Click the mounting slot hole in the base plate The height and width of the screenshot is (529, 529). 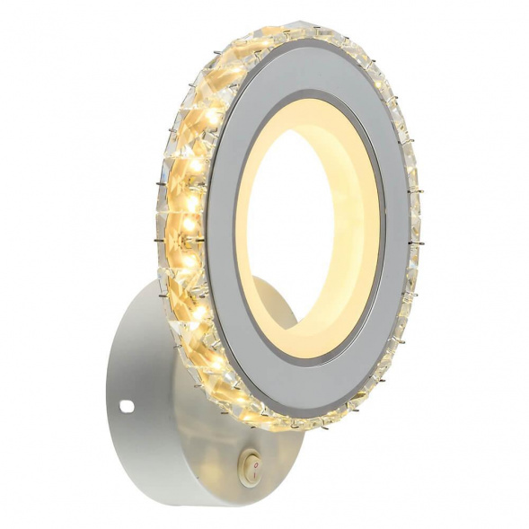point(127,407)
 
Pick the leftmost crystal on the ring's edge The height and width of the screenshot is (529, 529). point(163,225)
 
